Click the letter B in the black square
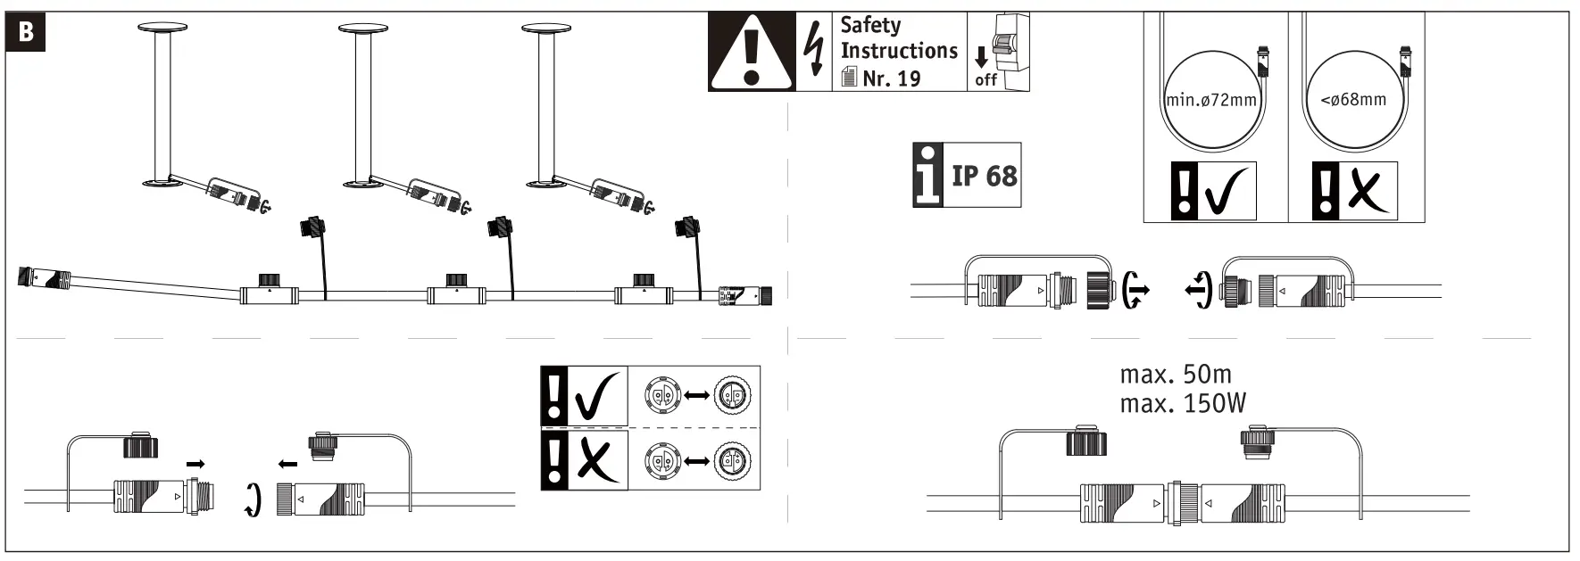(x=27, y=32)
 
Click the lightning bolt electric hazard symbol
(x=813, y=51)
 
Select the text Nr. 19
(x=891, y=78)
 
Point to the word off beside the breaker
(x=985, y=79)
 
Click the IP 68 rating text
(x=984, y=175)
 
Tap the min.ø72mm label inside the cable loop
(x=1211, y=100)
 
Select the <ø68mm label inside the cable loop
(x=1353, y=99)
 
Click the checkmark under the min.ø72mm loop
(x=1229, y=192)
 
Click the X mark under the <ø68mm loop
(x=1369, y=192)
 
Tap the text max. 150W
(x=1183, y=404)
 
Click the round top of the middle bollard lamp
(x=363, y=29)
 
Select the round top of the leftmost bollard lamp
(x=162, y=29)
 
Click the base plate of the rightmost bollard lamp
(x=547, y=185)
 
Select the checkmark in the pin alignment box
(x=597, y=398)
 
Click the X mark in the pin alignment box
(x=597, y=460)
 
